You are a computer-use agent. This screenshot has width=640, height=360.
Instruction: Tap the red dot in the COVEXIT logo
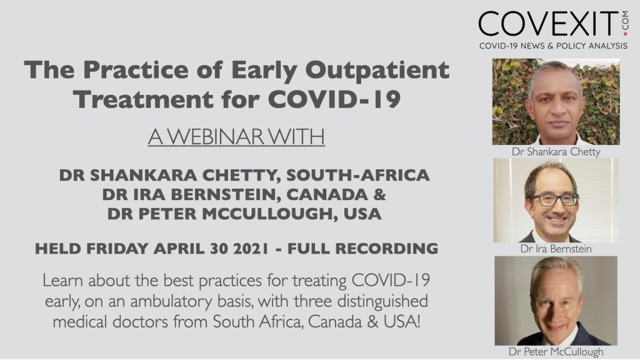click(x=625, y=34)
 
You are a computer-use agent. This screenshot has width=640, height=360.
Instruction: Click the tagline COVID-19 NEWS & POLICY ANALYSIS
click(x=553, y=46)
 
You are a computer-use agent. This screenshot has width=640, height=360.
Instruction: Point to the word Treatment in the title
click(x=143, y=99)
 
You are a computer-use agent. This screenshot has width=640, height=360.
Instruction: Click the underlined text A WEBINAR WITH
click(x=236, y=137)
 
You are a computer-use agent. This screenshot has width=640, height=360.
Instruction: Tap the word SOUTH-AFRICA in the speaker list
click(x=357, y=175)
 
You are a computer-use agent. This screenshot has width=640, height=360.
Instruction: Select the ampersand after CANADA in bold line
click(x=379, y=194)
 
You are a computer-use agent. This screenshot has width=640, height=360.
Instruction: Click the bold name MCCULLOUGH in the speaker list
click(x=270, y=214)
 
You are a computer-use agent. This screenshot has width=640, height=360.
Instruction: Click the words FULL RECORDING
click(x=362, y=248)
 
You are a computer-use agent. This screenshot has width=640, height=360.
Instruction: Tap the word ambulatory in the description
click(x=171, y=302)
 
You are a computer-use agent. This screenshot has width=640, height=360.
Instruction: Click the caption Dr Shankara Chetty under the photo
click(x=556, y=152)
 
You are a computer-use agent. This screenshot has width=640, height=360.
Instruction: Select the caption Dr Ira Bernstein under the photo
click(x=556, y=249)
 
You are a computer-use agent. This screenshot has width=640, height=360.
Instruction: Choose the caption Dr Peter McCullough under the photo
click(x=556, y=351)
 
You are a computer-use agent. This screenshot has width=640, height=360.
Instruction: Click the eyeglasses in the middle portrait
click(x=555, y=200)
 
